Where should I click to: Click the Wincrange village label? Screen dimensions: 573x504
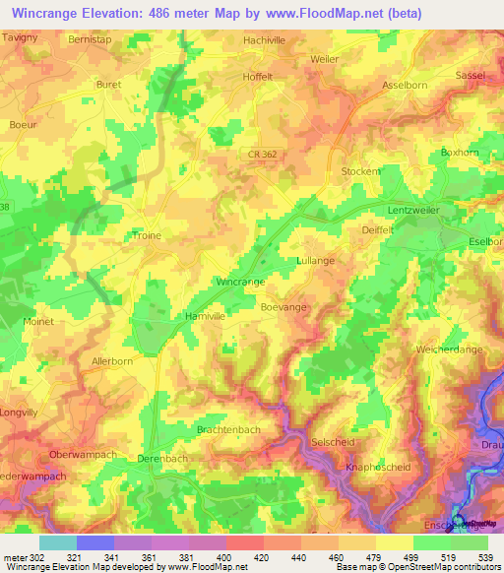tap(240, 282)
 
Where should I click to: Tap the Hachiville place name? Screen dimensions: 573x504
tap(266, 41)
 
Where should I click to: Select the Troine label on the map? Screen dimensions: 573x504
tap(146, 236)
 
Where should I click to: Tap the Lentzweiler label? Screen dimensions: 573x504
tap(412, 211)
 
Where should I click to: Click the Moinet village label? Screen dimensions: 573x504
tap(38, 322)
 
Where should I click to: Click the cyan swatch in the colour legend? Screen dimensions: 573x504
tap(58, 542)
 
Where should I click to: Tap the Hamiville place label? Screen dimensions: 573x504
tap(205, 317)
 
